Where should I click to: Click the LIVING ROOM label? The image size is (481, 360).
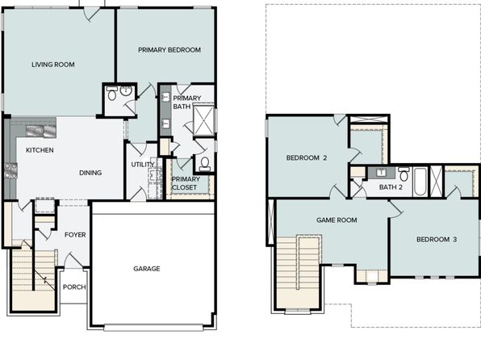click(53, 65)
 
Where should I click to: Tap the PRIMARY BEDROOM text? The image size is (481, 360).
click(169, 50)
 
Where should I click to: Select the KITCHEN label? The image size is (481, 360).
click(40, 150)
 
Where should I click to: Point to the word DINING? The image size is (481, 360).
click(90, 173)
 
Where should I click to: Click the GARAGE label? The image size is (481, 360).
click(147, 269)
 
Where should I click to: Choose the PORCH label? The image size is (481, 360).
click(74, 287)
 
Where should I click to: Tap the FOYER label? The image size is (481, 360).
click(75, 235)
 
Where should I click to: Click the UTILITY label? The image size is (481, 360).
click(143, 165)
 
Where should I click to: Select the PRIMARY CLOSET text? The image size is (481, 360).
click(186, 183)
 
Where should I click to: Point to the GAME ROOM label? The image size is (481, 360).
click(337, 220)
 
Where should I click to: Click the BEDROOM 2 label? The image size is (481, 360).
click(307, 157)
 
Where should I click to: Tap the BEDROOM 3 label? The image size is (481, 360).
click(437, 240)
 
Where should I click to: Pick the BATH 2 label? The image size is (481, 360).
click(391, 187)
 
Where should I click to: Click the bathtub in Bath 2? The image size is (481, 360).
click(420, 182)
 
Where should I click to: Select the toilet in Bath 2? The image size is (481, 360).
click(404, 174)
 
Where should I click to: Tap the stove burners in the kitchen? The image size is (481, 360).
click(10, 171)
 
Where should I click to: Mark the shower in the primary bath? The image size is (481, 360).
click(203, 120)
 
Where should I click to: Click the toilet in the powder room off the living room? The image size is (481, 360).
click(112, 94)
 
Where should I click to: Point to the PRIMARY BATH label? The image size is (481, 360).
click(186, 103)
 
